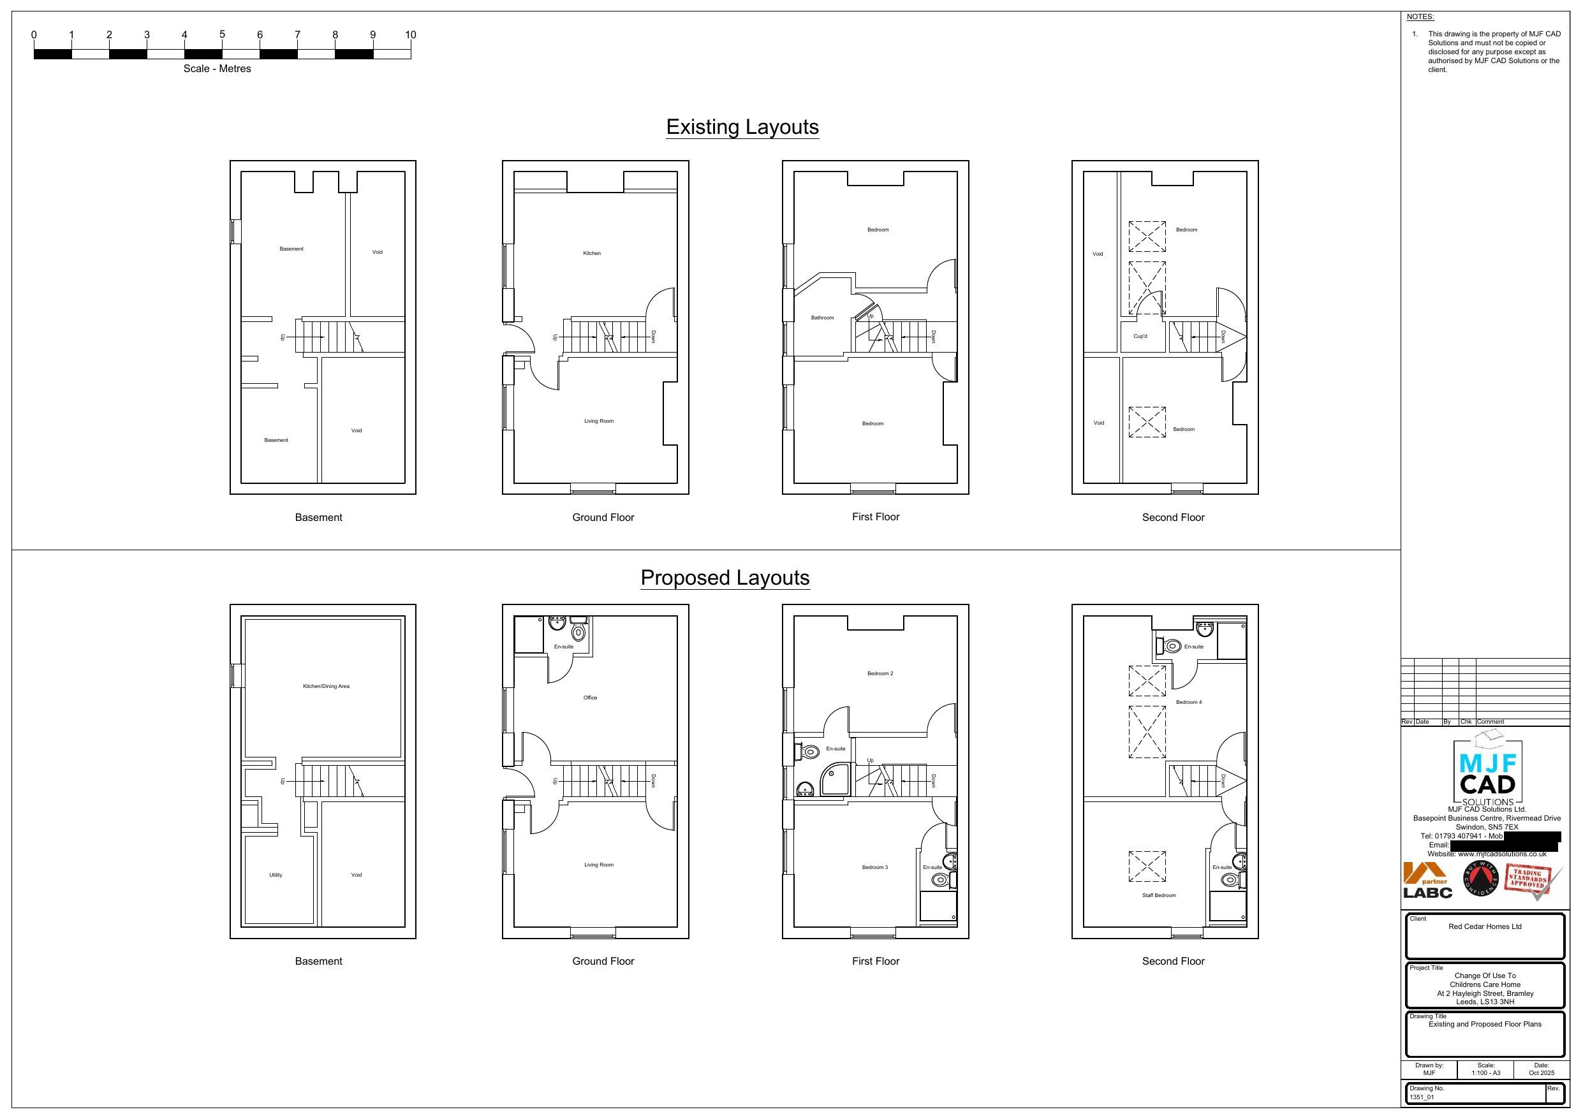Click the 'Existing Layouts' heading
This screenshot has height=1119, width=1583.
(742, 127)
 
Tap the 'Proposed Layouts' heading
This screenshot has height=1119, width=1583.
(725, 578)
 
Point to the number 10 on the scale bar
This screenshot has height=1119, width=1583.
(410, 35)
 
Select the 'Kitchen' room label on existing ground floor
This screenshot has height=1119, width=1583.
(592, 254)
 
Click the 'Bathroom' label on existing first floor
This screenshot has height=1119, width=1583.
(822, 318)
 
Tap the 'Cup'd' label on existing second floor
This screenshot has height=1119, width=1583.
(1140, 337)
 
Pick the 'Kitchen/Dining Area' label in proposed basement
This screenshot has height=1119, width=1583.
(326, 687)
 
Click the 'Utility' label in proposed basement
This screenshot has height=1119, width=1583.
(276, 875)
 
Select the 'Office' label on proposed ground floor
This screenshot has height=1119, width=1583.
(590, 698)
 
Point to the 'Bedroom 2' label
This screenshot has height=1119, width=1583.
(880, 673)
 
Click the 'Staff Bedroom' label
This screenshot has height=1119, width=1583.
(1159, 896)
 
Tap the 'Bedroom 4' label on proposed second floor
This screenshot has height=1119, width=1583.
(1189, 703)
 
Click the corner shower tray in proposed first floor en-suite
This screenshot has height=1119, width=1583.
(834, 780)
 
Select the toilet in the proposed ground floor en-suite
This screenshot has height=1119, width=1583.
(578, 633)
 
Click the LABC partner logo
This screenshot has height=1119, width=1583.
(1427, 881)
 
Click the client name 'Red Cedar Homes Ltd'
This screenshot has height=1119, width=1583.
(1484, 926)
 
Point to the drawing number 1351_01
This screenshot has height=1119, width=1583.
(1422, 1097)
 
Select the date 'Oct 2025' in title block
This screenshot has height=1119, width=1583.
(1542, 1073)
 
